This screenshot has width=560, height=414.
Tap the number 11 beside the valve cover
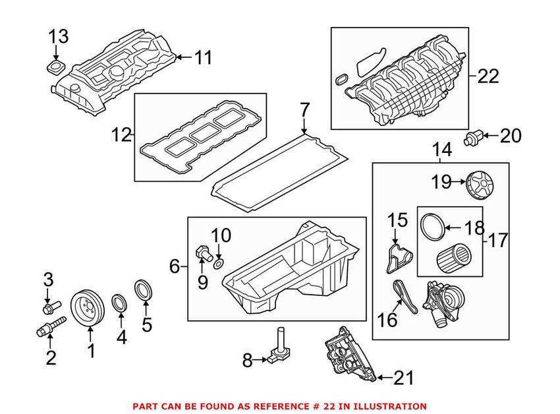(x=204, y=58)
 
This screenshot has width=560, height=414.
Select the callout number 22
(x=488, y=76)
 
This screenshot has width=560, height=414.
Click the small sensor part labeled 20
(x=473, y=136)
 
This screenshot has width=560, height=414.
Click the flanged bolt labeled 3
(x=49, y=307)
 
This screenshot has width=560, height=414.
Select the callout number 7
(x=304, y=109)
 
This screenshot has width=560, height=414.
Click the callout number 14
(x=442, y=150)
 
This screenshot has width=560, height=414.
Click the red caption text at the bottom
(x=280, y=407)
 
